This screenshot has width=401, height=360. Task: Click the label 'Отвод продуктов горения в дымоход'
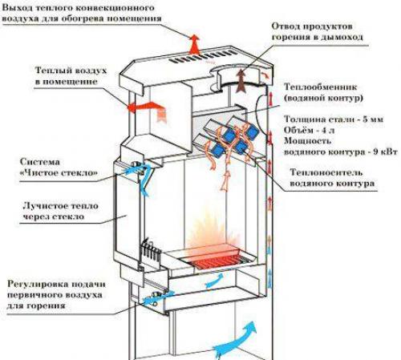318,31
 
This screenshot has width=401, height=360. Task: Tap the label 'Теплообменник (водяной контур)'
321,91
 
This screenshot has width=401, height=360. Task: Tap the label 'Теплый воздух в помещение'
71,75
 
